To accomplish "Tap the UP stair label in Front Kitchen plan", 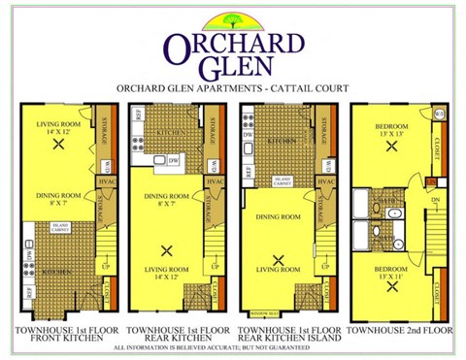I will click(106, 263).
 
